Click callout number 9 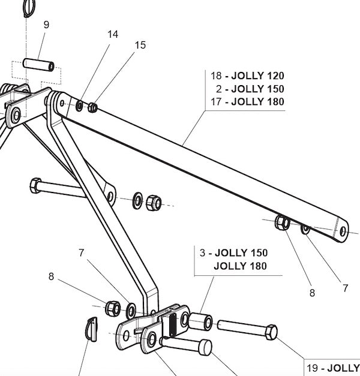coord(46,25)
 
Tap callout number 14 coord(113,34)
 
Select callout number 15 coord(140,45)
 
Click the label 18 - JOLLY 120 coord(247,76)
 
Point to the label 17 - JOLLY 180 coord(247,102)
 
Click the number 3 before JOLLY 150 coord(203,252)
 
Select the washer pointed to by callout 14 coord(80,106)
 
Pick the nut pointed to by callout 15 coord(92,108)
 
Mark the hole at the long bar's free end coord(343,231)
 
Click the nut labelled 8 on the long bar coord(281,224)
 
